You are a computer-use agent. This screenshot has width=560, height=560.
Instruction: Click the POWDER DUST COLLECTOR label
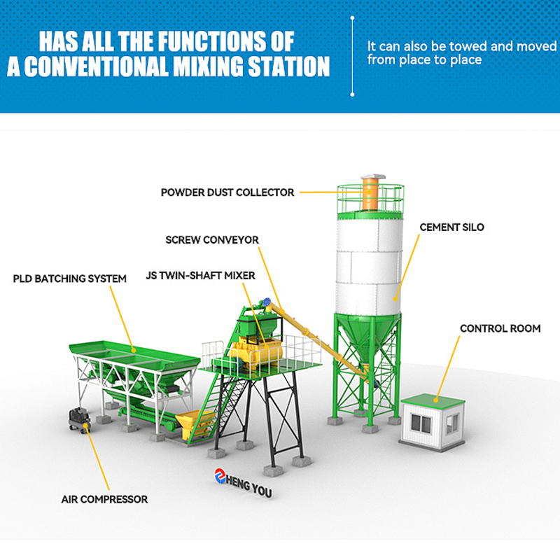[227, 192]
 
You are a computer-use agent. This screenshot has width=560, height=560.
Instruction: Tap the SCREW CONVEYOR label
[212, 240]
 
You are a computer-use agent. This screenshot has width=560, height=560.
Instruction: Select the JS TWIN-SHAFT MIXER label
[200, 276]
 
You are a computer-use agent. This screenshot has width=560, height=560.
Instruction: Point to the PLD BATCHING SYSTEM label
[70, 279]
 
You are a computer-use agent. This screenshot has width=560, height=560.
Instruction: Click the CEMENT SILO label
[451, 227]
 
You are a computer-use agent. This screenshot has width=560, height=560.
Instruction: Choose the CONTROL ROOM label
[500, 328]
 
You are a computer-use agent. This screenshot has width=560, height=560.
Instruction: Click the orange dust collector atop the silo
[370, 193]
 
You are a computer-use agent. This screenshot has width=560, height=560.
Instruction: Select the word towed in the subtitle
[469, 46]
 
